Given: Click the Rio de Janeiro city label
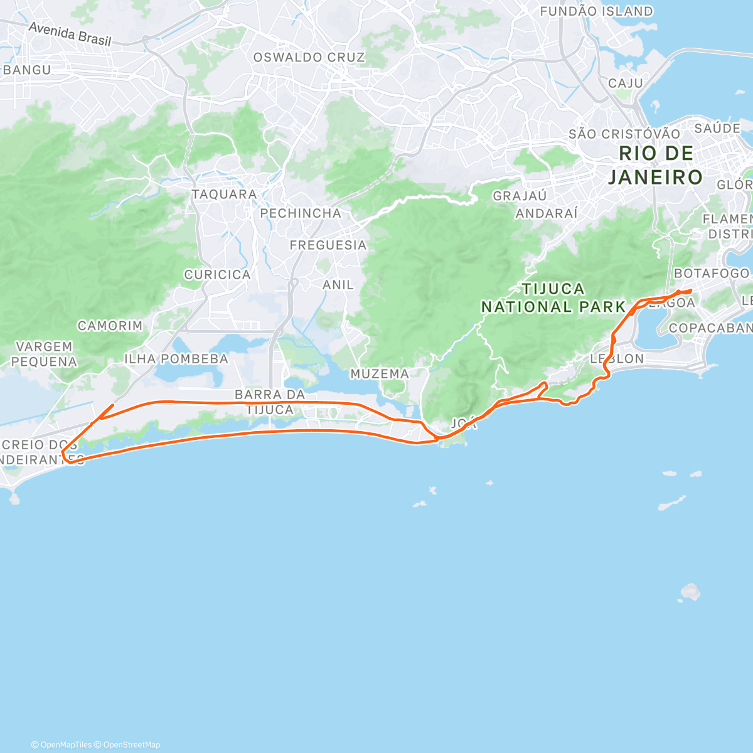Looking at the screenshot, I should (x=655, y=165).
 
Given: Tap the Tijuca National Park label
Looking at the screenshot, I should (x=553, y=298).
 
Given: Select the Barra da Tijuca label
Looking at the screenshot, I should (x=270, y=402).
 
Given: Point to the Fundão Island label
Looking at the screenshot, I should (x=596, y=11).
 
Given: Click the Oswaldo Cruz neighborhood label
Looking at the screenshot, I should (x=309, y=57).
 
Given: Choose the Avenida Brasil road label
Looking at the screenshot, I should (x=70, y=35).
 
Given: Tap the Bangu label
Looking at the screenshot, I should (x=27, y=70).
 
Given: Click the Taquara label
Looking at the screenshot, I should (x=224, y=195).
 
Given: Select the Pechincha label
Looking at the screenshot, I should (x=301, y=213).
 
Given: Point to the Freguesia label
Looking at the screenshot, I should (x=328, y=245).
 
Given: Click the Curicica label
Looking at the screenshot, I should (x=217, y=275).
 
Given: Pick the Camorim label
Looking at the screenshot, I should (x=110, y=326).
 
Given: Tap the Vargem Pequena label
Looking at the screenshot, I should (x=44, y=354).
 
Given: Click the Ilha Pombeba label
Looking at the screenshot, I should (x=176, y=359).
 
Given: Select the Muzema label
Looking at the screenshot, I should (x=380, y=374).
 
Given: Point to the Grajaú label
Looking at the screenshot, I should (x=520, y=196).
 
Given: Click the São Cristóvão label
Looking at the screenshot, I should (x=624, y=134).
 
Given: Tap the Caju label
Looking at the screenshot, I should (x=626, y=83).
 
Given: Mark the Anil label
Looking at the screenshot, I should (x=338, y=285).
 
